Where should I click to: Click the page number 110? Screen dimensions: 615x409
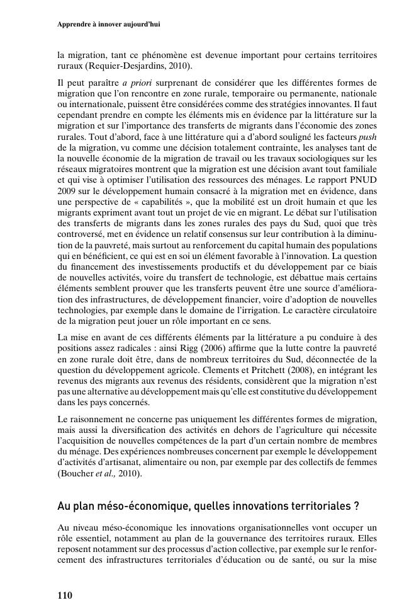[x=65, y=595]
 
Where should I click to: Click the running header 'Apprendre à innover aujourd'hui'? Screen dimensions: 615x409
[x=108, y=25]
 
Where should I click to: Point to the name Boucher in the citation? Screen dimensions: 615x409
[x=76, y=473]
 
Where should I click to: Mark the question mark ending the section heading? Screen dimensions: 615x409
[x=356, y=506]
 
